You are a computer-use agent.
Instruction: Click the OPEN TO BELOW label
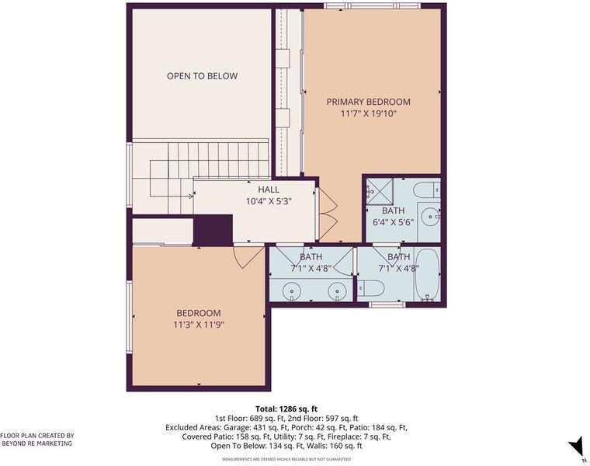click(x=202, y=76)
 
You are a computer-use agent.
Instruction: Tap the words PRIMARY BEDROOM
click(x=368, y=102)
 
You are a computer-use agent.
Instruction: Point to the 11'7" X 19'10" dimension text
click(x=369, y=113)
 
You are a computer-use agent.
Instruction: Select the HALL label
click(x=269, y=190)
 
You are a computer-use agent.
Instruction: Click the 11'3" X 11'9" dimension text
click(x=199, y=325)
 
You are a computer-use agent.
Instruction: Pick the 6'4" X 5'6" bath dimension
click(x=394, y=222)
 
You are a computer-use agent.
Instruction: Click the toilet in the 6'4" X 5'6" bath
click(x=427, y=190)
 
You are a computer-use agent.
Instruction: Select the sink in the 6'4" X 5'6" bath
click(x=431, y=217)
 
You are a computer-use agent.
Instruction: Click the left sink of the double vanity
click(x=291, y=291)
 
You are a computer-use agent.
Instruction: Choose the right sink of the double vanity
click(x=337, y=291)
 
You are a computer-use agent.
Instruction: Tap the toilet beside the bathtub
click(x=370, y=289)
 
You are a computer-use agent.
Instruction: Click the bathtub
click(x=428, y=273)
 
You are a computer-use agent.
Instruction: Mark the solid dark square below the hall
click(x=213, y=230)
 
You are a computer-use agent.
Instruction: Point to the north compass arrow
click(x=576, y=448)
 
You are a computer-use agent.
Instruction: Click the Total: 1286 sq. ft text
click(x=286, y=409)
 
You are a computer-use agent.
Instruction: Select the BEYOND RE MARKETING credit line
click(x=37, y=443)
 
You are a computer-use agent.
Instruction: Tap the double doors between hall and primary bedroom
click(x=328, y=214)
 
